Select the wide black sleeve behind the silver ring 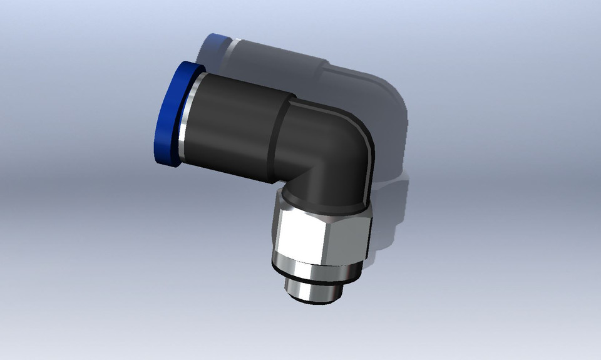(x=238, y=125)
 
